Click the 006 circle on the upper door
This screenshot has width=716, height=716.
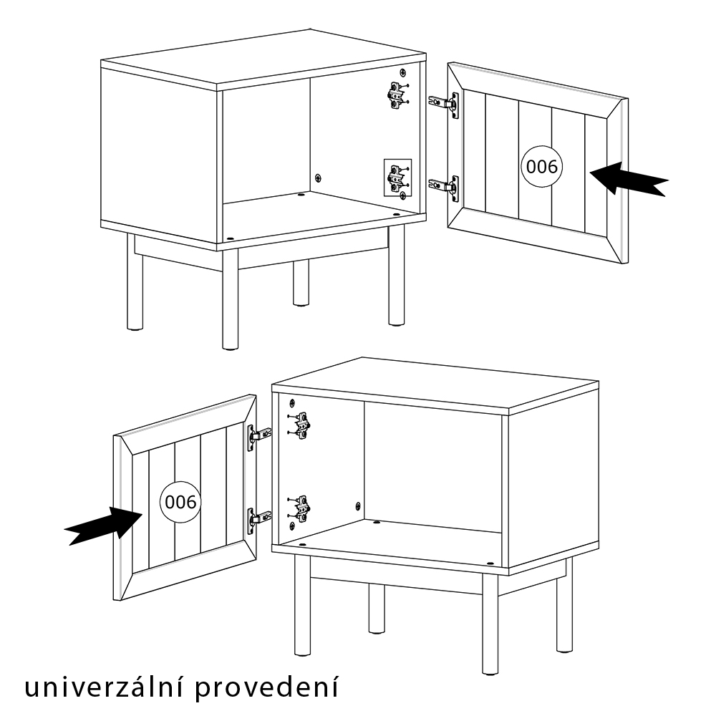point(541,166)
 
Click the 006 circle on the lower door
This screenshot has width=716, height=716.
point(180,502)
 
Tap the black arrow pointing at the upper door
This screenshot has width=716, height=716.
point(629,178)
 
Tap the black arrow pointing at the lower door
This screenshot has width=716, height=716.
point(103,526)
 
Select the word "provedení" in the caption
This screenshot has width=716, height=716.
point(267,689)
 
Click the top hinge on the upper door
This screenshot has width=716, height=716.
point(443,103)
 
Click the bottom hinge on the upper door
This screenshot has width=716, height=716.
point(443,185)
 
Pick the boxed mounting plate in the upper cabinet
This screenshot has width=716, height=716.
point(397,178)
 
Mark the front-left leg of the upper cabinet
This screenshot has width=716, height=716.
point(230,299)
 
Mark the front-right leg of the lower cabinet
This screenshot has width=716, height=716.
point(490,624)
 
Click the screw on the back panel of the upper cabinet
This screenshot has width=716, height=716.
point(319,177)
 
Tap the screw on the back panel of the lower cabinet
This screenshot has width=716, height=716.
point(357,505)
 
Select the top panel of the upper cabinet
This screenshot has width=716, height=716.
point(263,60)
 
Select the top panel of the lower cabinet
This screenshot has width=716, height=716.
point(435,387)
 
